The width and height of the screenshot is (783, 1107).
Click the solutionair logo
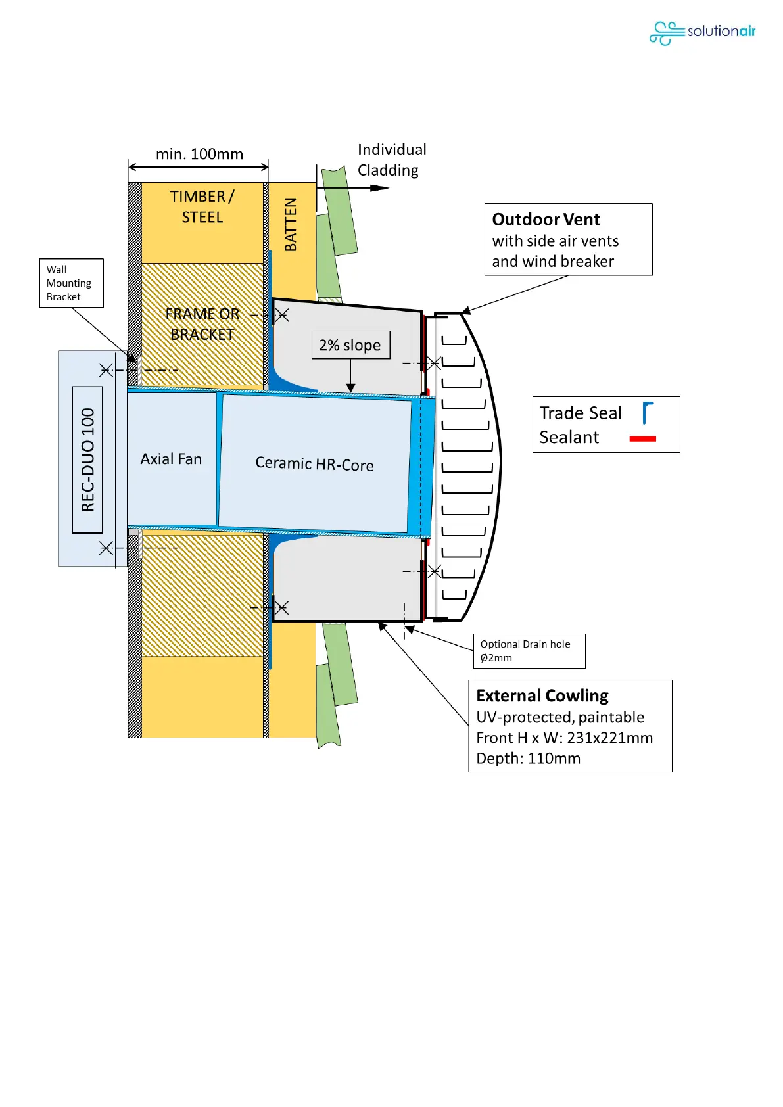[701, 32]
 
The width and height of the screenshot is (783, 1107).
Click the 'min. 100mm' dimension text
[199, 154]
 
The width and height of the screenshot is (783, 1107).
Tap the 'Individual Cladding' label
[391, 160]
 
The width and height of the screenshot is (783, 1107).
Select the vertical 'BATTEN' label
[291, 224]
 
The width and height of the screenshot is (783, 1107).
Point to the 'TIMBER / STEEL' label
[202, 206]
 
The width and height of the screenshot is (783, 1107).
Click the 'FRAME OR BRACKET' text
[202, 324]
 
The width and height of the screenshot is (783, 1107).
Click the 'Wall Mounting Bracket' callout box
[71, 283]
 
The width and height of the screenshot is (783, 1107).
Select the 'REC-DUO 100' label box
[87, 459]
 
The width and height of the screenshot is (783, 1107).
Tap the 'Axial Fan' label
[171, 459]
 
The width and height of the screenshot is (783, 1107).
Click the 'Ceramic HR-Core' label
[314, 464]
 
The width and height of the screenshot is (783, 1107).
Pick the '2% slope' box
[350, 345]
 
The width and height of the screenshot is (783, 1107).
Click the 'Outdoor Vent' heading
[546, 220]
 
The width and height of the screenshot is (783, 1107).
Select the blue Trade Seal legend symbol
[648, 413]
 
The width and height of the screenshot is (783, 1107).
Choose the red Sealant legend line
[642, 438]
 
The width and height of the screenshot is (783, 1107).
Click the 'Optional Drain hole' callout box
[529, 651]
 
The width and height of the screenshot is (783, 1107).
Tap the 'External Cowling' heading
[542, 695]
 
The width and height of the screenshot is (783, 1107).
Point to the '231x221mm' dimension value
[609, 738]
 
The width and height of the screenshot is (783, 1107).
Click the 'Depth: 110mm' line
[528, 759]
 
